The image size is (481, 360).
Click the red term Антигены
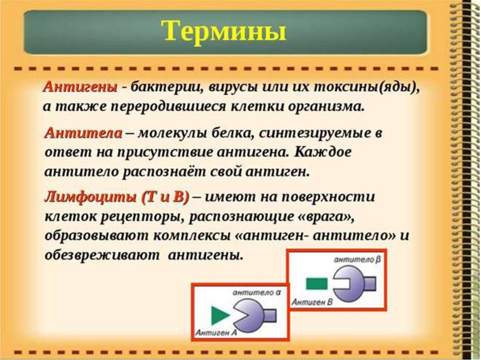point(80,87)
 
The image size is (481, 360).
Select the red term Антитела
point(84,134)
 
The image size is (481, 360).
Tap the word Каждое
point(323,153)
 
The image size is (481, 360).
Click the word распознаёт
point(163,172)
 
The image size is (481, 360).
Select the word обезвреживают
point(102,255)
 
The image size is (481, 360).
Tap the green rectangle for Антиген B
point(317,283)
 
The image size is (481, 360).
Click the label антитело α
point(257,292)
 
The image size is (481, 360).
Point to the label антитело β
point(357,260)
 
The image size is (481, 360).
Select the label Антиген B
point(312,302)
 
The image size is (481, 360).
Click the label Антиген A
point(216,333)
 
